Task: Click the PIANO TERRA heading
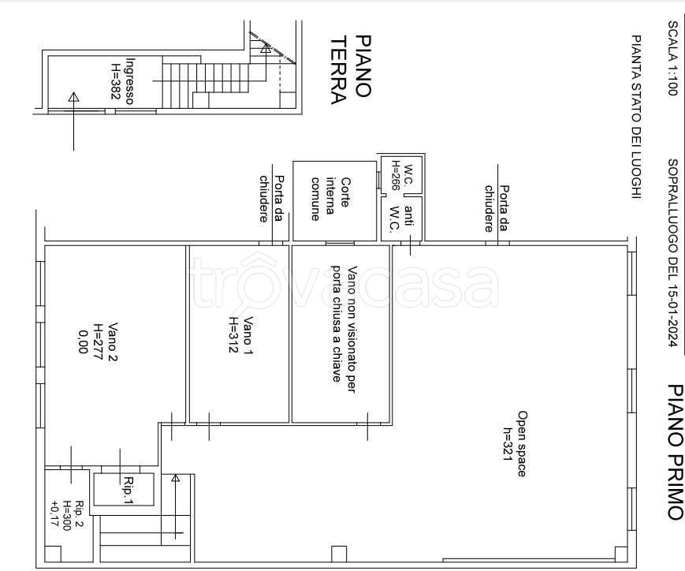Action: pos(351,70)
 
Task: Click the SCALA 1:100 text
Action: pos(672,58)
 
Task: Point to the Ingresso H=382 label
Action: pos(123,81)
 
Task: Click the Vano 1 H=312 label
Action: pos(240,334)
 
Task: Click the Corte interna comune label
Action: pos(329,199)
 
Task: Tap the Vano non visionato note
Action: pos(344,329)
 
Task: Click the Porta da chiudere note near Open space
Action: pos(497,208)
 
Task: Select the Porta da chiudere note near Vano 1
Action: pos(272,199)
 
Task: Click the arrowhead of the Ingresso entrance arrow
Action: pos(74,97)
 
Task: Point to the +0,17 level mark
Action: pos(55,514)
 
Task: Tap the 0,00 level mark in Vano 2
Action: pos(83,342)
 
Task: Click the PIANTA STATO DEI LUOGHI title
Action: pos(637,118)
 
